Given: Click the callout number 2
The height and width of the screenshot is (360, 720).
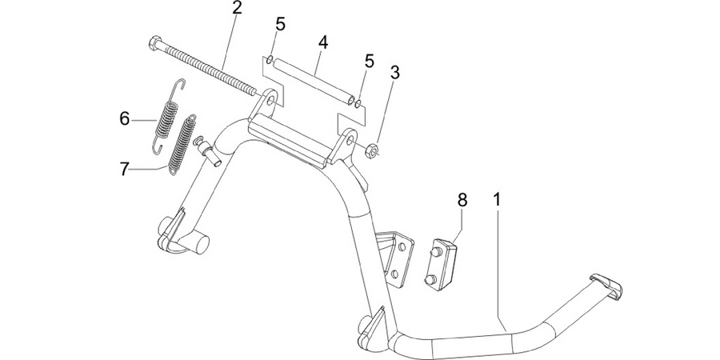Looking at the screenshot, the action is [x=237, y=9].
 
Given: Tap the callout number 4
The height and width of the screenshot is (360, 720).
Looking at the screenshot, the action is [x=323, y=43].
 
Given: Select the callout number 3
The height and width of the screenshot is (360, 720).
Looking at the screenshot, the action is [x=394, y=72].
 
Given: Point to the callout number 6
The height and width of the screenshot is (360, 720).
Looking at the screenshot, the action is [x=125, y=119].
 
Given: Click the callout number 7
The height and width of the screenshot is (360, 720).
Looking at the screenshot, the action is [x=125, y=170].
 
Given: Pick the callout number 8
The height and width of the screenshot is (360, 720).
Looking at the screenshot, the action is [x=462, y=200].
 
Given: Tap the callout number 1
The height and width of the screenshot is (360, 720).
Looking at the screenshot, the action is [x=497, y=200].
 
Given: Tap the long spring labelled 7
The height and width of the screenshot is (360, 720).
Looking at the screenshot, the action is [x=182, y=145].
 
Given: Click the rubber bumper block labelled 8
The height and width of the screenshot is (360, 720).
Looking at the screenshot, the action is [x=442, y=265].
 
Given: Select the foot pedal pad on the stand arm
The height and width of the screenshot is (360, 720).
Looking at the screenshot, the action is [x=606, y=284].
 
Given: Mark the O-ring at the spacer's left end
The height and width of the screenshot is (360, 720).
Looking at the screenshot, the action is [x=270, y=60].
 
